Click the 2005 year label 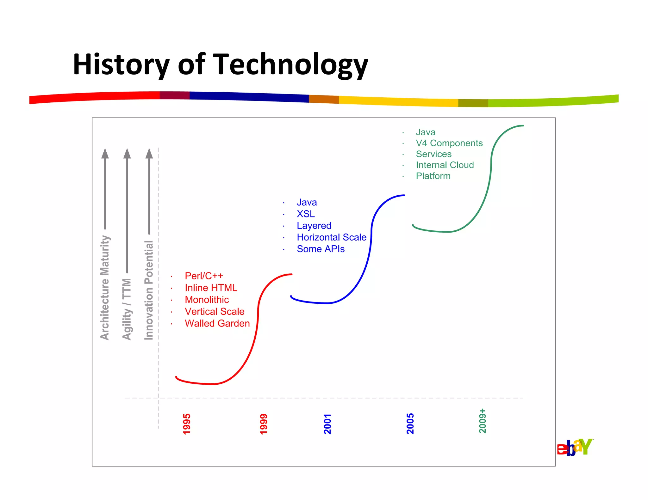(410, 423)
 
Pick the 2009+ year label (482, 421)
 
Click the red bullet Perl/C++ (204, 276)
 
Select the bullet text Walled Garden (217, 323)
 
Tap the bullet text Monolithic (207, 300)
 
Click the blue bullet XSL (306, 214)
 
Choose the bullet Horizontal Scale (331, 237)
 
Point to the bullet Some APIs (321, 249)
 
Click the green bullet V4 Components (449, 143)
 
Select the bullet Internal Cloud (445, 165)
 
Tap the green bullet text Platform (433, 176)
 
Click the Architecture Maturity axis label (105, 288)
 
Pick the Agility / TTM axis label (127, 309)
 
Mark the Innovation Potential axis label (149, 290)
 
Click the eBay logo (575, 447)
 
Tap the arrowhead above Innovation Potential (149, 154)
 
